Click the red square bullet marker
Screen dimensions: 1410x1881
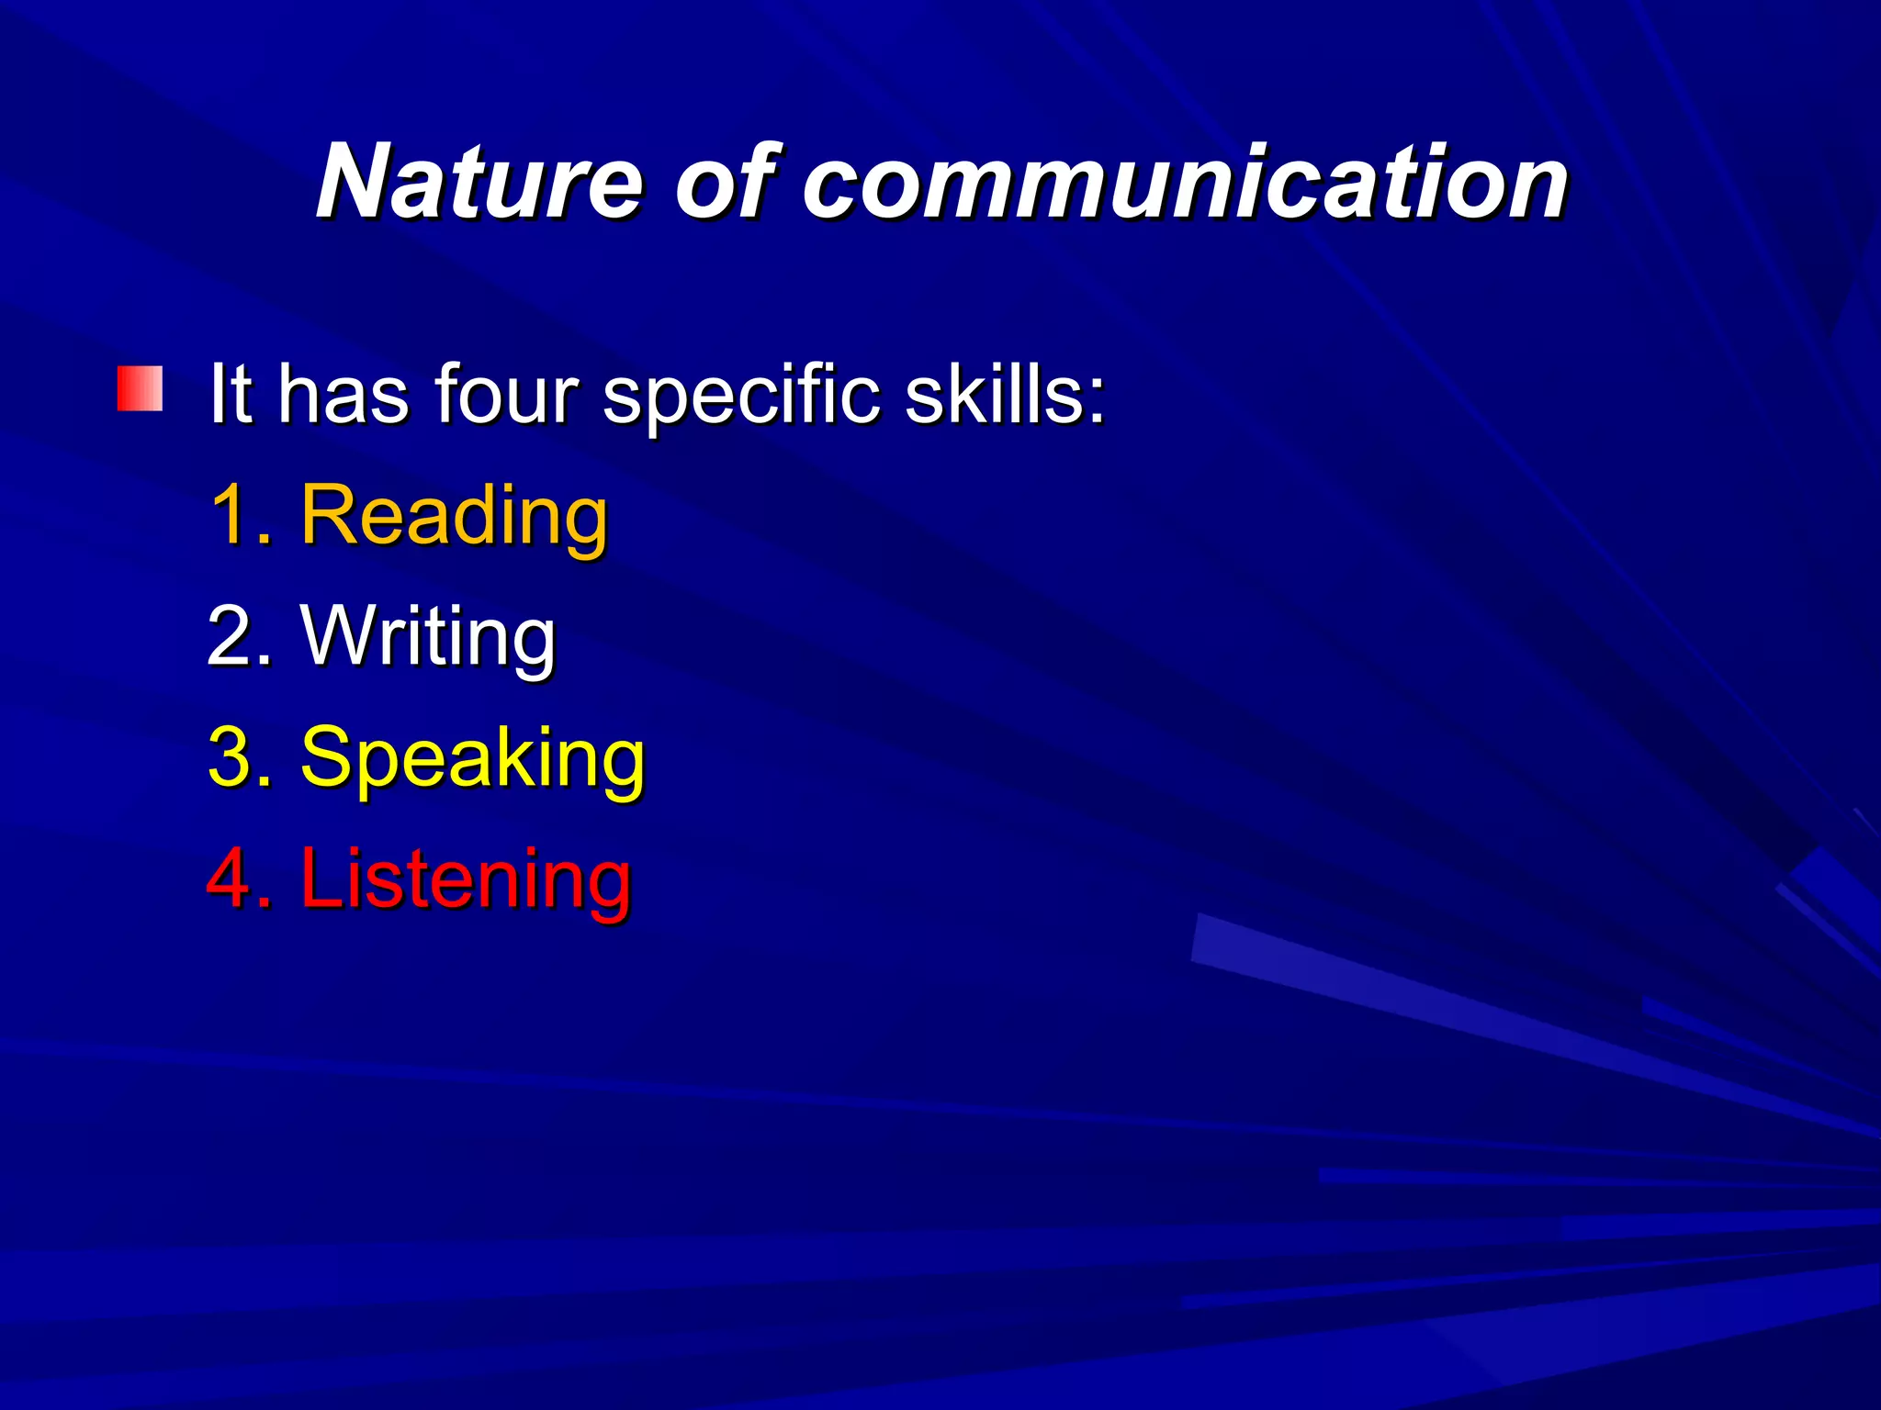pyautogui.click(x=140, y=389)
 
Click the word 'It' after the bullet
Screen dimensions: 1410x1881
pyautogui.click(x=230, y=395)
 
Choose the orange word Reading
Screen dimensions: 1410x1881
pyautogui.click(x=454, y=516)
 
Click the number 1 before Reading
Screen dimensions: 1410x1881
pyautogui.click(x=230, y=516)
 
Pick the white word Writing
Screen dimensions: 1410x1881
pyautogui.click(x=428, y=637)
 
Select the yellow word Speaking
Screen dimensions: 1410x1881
pyautogui.click(x=472, y=758)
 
